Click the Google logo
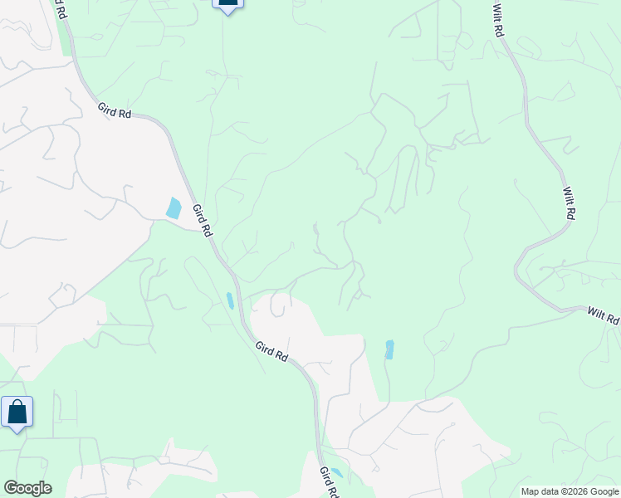27,488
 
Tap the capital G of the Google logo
10,488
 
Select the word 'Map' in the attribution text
531,491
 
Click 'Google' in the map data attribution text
601,491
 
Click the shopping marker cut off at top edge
227,4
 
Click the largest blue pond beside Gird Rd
174,207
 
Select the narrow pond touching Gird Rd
230,300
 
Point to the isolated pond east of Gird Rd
389,349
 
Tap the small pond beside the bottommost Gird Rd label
336,473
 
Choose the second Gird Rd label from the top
115,110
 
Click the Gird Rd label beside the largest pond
201,220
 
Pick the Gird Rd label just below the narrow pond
271,351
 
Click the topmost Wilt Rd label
498,20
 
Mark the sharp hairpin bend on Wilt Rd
518,267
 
